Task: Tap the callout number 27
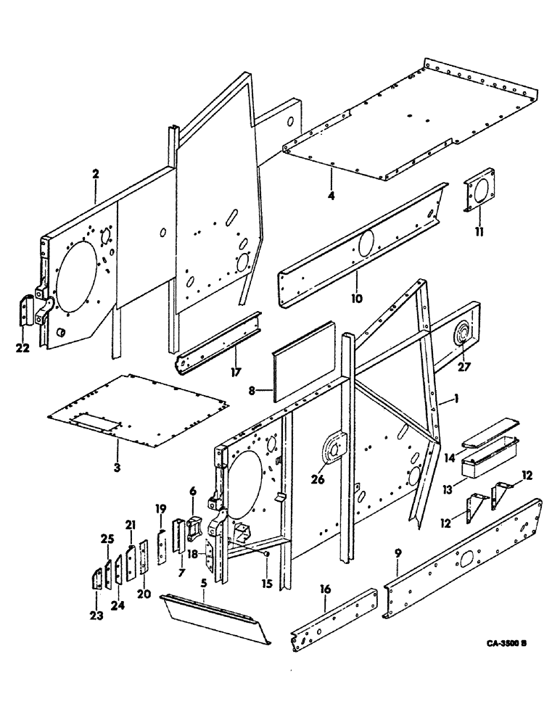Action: [464, 367]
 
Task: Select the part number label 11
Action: [479, 232]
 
